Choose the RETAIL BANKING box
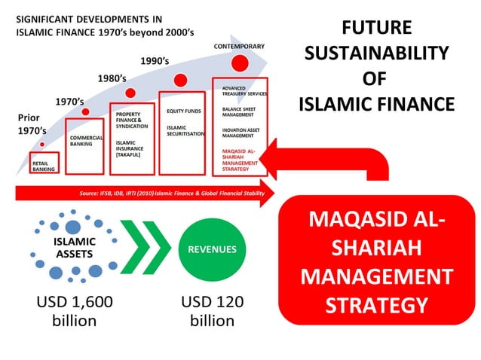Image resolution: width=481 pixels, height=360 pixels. [43, 165]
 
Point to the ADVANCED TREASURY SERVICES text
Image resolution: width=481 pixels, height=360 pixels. [243, 93]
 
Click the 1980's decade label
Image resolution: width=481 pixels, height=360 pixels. [112, 78]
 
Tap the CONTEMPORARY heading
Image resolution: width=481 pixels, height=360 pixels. [239, 46]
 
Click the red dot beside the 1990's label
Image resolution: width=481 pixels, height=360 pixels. [181, 79]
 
